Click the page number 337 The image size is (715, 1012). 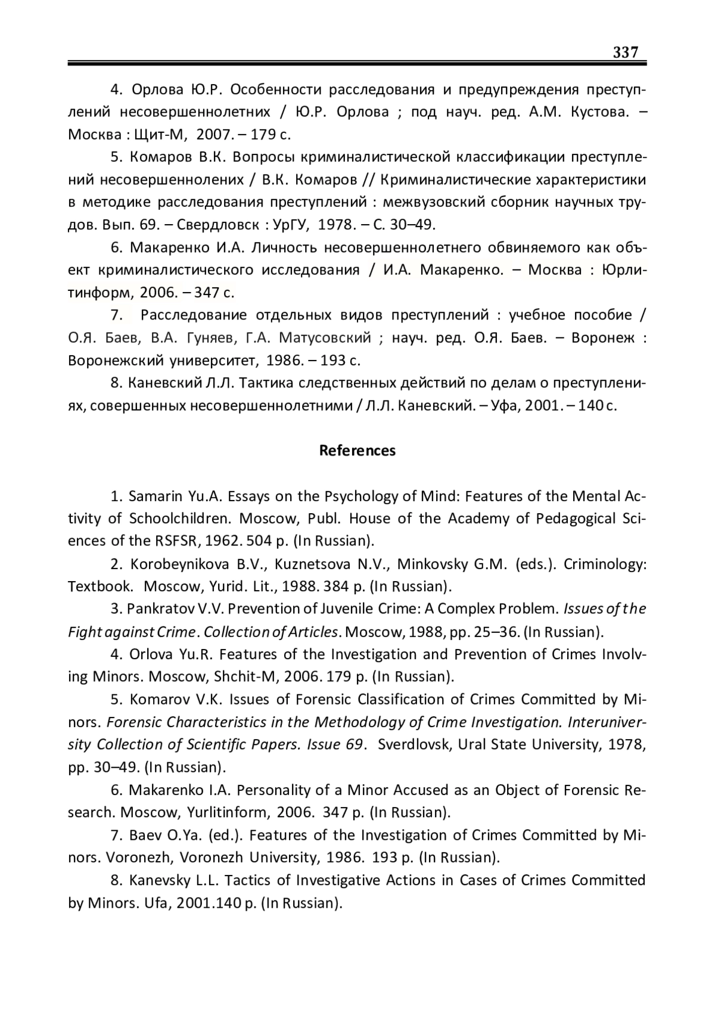point(626,52)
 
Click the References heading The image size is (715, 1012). point(357,451)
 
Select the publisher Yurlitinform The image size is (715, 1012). point(226,812)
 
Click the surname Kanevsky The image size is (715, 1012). point(159,880)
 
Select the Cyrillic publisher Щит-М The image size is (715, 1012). point(160,135)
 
